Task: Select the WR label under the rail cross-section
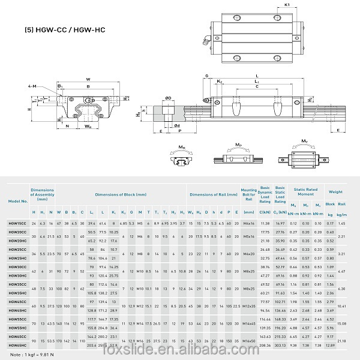pos(88,127)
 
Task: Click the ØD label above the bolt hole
pos(169,98)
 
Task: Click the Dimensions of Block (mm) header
pos(120,194)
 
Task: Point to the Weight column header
pos(336,192)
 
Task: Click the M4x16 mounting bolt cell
pos(248,223)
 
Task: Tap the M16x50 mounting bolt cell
pos(248,341)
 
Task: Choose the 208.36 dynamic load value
pos(265,346)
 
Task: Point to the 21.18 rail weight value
pos(342,341)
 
